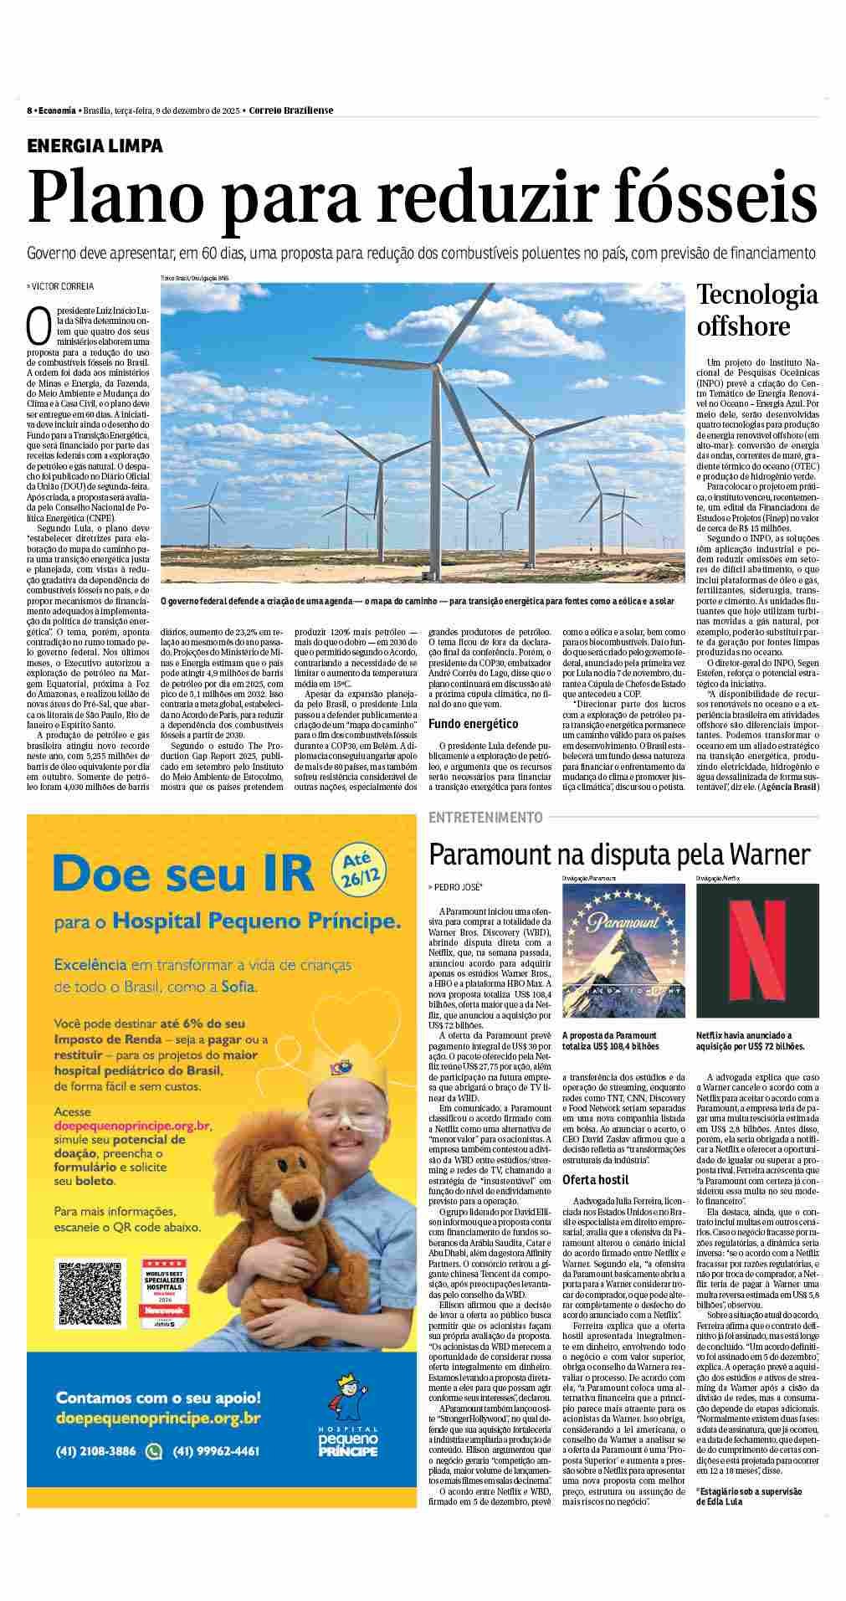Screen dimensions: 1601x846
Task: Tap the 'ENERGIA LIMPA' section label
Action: (x=95, y=146)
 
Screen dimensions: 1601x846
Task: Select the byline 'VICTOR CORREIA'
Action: (x=64, y=286)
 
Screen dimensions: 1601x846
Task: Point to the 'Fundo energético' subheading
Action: (x=473, y=723)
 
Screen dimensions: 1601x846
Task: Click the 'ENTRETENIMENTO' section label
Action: (x=485, y=817)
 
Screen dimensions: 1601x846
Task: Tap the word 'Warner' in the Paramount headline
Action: (x=770, y=854)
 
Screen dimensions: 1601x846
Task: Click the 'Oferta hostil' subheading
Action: (x=595, y=1179)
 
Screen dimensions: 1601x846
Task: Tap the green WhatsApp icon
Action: (x=153, y=1450)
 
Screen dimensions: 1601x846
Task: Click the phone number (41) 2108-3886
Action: (x=95, y=1450)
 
